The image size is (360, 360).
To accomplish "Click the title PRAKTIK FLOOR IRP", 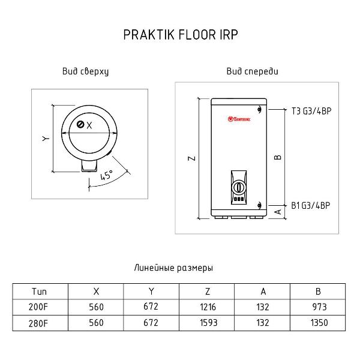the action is [181, 35].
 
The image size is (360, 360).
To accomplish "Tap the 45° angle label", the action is [107, 175].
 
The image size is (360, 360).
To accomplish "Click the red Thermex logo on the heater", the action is [239, 119].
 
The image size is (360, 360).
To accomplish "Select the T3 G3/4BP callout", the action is [311, 111].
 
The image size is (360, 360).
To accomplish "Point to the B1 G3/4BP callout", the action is [310, 205].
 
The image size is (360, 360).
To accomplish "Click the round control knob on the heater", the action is [239, 188].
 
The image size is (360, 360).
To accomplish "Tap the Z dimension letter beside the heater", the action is [192, 158].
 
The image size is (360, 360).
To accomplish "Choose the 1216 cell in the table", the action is [208, 307].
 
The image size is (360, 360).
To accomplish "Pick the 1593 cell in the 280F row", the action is [208, 323].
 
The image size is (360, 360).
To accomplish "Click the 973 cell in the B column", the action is [319, 307].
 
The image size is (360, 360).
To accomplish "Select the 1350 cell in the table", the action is [319, 323].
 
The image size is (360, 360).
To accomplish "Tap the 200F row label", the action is [38, 307].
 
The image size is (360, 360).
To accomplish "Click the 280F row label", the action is [38, 323].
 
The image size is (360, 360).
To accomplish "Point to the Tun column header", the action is [39, 292].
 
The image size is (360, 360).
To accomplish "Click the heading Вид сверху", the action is [85, 71].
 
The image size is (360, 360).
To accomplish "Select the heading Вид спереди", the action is [253, 71].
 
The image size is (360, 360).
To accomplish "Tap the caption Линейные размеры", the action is [173, 268].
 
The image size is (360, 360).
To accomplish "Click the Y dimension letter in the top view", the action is [46, 139].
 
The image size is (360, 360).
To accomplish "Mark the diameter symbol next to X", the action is [80, 124].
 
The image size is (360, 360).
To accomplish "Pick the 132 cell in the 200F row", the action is [263, 307].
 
